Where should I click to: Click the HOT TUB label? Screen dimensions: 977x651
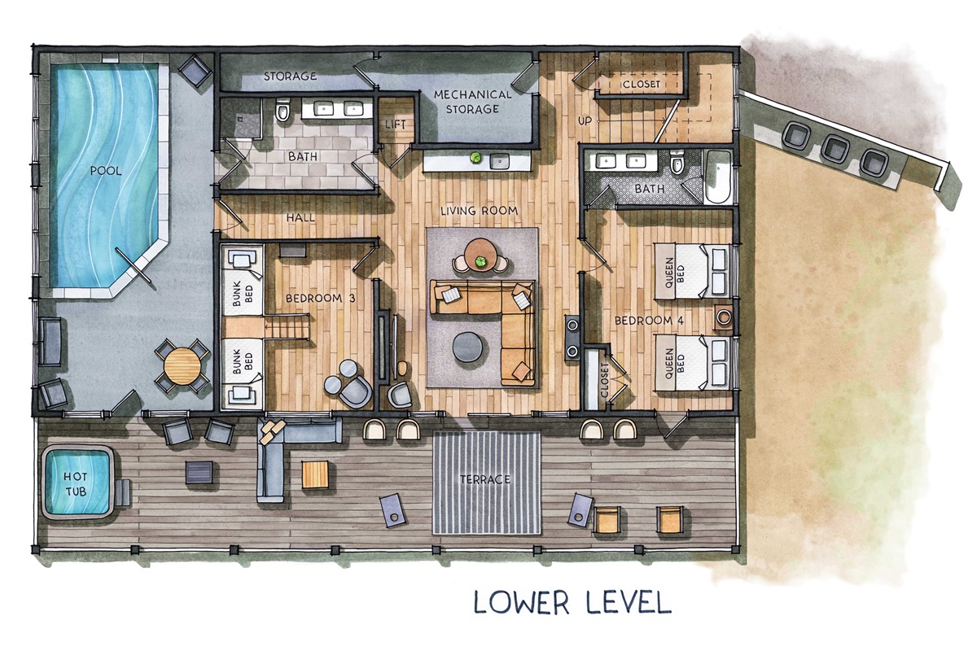pos(75,484)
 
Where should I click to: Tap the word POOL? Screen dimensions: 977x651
pos(106,171)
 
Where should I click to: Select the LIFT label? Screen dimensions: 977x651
pos(395,125)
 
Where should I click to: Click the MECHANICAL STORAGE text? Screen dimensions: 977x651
pos(472,102)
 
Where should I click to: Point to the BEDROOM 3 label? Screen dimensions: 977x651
pos(320,299)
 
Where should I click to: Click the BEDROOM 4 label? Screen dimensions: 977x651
pos(649,321)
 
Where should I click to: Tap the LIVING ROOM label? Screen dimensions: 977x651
pos(479,211)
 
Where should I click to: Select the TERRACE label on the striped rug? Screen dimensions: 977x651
pos(485,479)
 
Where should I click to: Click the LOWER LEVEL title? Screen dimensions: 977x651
pos(572,602)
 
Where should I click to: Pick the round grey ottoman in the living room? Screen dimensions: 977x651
pos(467,347)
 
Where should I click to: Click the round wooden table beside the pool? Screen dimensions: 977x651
pos(183,365)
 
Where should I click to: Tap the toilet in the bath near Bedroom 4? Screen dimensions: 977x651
pos(677,162)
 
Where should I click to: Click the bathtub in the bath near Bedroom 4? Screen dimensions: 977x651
pos(718,177)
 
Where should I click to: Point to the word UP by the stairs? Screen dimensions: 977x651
pos(585,120)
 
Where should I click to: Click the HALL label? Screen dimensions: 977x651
pos(300,217)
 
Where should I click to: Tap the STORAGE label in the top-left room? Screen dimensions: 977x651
pos(290,76)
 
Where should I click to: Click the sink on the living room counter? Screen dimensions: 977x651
pos(499,161)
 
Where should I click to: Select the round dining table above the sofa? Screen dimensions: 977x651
pos(480,254)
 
